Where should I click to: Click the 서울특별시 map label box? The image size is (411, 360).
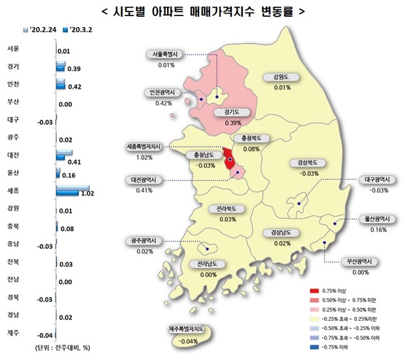pos(166,55)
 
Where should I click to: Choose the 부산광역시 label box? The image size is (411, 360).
pos(351,262)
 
